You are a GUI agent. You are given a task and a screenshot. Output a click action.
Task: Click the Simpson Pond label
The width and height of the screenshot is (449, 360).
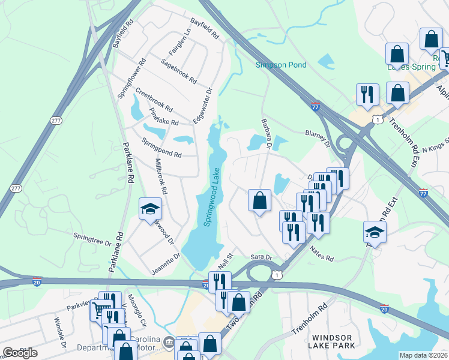(281, 65)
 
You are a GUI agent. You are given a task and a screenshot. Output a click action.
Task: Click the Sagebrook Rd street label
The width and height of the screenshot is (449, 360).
(178, 70)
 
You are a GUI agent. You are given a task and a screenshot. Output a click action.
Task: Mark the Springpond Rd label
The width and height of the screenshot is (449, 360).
(161, 147)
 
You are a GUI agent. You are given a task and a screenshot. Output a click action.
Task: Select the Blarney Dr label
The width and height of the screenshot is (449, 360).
(318, 139)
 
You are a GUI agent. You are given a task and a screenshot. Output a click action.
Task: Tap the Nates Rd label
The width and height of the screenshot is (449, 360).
(322, 253)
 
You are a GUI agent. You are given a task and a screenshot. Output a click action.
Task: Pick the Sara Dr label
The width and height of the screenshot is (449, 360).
(262, 257)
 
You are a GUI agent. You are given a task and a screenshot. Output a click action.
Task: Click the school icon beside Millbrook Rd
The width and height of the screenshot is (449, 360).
(150, 209)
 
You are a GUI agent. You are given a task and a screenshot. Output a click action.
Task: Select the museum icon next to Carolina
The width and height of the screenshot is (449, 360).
(169, 342)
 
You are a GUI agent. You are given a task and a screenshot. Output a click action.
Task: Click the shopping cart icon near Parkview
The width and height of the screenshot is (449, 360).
(99, 310)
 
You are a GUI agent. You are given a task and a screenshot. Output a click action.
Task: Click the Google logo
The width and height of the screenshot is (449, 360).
(20, 353)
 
